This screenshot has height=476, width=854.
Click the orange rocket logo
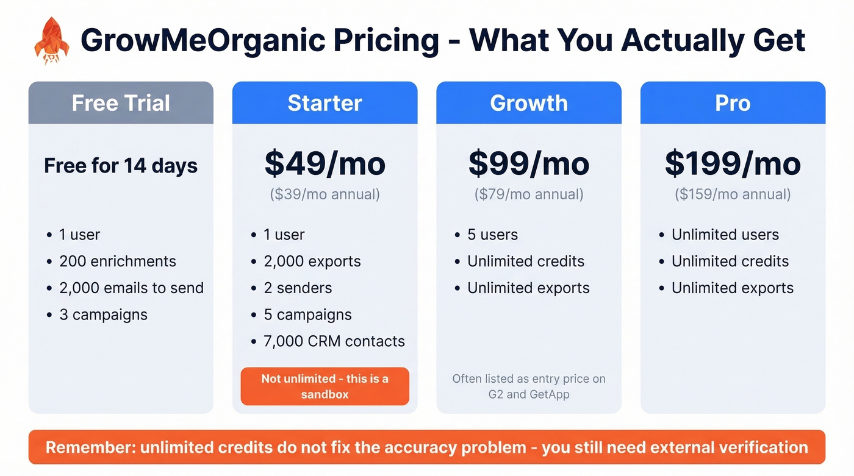coord(52,40)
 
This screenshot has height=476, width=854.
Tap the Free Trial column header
coord(121,103)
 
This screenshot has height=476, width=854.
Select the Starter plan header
coord(325,103)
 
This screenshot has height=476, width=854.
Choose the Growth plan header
coord(529,103)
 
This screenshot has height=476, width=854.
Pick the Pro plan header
coord(733,103)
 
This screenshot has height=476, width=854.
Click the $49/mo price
coord(325,163)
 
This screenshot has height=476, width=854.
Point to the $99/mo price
coord(529,163)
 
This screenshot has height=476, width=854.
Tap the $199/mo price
coord(733,163)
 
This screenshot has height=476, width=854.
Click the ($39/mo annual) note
coord(325,194)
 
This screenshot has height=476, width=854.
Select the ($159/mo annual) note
coord(733,194)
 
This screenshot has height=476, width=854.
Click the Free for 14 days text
coord(121,166)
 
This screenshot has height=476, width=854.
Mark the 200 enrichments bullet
coord(117,261)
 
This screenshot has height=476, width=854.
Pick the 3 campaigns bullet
coord(103,315)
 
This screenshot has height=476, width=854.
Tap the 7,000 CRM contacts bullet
coord(334,341)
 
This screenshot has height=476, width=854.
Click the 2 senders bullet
coord(298,288)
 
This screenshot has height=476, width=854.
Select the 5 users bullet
coord(492,235)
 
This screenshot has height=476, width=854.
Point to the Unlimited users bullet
coord(725,235)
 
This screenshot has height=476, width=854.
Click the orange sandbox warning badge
coord(325,386)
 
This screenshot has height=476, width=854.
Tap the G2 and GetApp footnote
coord(529,386)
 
